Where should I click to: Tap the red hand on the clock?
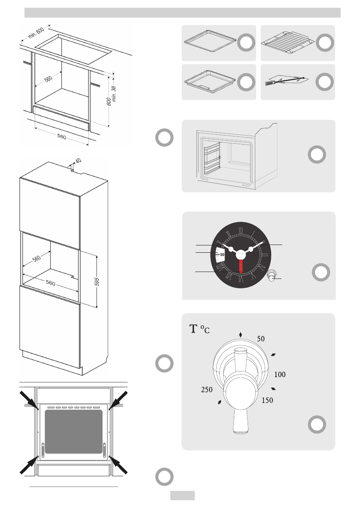[241, 266]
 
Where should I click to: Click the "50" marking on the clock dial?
[222, 254]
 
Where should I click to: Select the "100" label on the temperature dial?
[279, 375]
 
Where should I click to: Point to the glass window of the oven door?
[74, 431]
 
